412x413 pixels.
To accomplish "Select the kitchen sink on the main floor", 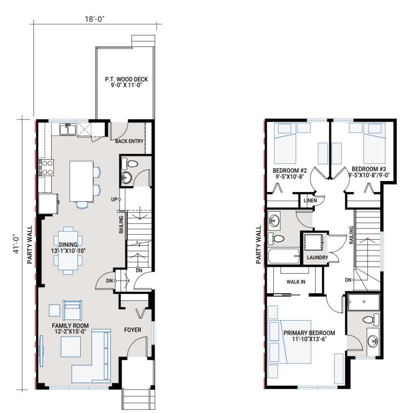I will (x=67, y=129).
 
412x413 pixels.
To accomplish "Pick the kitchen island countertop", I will (x=81, y=181).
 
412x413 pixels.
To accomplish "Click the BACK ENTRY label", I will (x=129, y=141).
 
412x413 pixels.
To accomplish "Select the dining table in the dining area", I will (x=68, y=250).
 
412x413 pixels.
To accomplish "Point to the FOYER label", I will (x=133, y=330).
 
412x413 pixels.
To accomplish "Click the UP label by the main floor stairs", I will (x=114, y=199).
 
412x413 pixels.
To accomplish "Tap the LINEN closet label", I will (x=310, y=200).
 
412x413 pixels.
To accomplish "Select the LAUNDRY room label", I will (x=317, y=257).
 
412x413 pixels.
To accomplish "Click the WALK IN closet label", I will (x=295, y=282).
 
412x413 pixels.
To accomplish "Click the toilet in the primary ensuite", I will (x=368, y=320).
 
